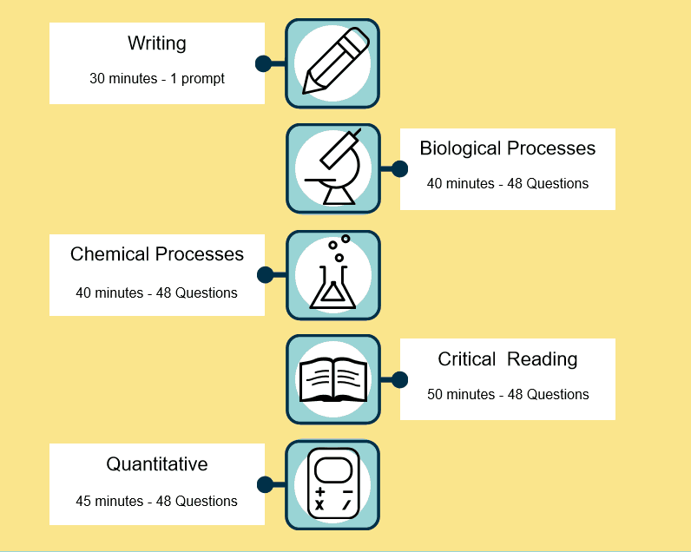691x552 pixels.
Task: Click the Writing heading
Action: coord(157,43)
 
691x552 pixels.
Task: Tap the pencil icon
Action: coord(332,63)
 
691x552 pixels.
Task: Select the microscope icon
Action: coord(332,168)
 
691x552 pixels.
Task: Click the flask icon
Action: coord(332,274)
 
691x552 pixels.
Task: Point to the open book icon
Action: coord(332,380)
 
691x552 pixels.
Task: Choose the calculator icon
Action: coord(332,485)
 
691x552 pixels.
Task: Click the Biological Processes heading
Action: coord(508,148)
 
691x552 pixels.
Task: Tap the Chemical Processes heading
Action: coord(157,254)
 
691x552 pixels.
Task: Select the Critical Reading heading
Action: coord(508,359)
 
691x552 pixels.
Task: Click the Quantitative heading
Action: coord(157,464)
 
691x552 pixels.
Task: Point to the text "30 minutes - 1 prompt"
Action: coord(157,79)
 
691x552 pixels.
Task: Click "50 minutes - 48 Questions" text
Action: coord(508,395)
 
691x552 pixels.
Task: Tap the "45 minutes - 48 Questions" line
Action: coord(157,501)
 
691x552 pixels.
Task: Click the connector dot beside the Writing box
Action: coord(264,63)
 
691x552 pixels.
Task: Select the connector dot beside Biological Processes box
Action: coord(399,168)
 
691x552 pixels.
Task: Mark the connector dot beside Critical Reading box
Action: coord(399,379)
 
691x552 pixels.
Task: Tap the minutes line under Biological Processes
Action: coord(508,184)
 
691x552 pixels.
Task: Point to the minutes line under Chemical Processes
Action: coord(157,293)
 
